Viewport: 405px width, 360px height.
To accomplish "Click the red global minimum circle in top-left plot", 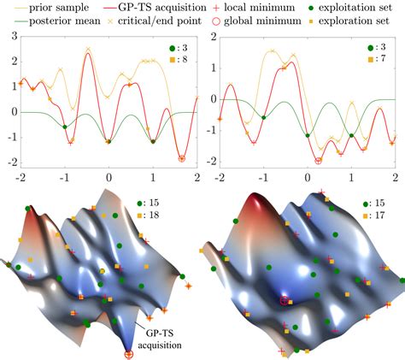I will point(181,158).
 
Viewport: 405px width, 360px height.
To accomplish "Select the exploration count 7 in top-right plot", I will point(379,61).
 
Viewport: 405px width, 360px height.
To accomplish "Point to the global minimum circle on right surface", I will point(284,300).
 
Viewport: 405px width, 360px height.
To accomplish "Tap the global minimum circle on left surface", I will point(129,352).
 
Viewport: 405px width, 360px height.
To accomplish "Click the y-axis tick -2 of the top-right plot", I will point(208,162).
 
